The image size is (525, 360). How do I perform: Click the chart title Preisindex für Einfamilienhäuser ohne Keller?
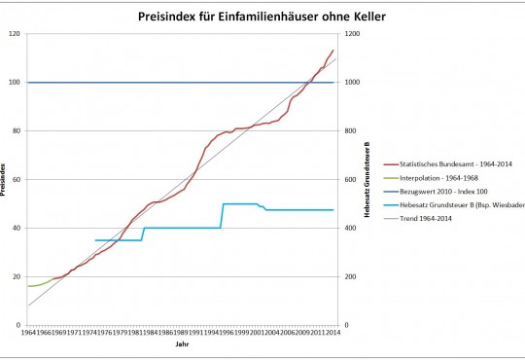[262, 15]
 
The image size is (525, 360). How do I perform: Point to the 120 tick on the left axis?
[17, 34]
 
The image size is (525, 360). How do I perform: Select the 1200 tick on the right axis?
[351, 34]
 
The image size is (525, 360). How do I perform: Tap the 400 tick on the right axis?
[349, 228]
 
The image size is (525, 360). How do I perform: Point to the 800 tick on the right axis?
[349, 131]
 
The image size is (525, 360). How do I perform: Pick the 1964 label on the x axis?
[29, 333]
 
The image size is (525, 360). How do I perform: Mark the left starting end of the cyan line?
[95, 239]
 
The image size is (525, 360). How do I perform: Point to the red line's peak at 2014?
[333, 50]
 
